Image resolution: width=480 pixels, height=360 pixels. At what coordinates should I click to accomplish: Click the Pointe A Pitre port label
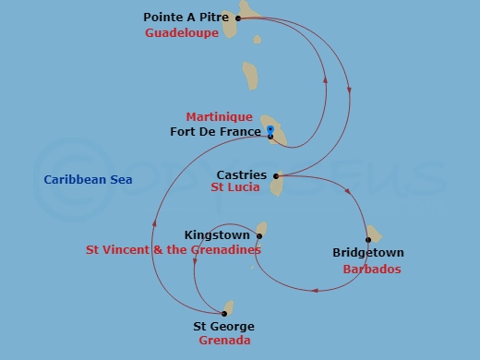click(x=187, y=18)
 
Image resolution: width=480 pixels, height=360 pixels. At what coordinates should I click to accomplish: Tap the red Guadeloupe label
click(x=182, y=33)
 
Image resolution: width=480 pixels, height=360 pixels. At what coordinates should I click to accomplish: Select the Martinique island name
click(x=219, y=117)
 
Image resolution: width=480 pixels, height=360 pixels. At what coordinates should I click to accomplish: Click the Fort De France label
click(x=216, y=132)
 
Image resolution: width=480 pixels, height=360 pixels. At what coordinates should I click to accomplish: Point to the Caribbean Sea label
click(x=88, y=179)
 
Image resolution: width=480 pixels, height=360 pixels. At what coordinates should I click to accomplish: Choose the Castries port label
click(x=241, y=174)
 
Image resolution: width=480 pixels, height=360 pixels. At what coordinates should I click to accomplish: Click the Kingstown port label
click(x=217, y=234)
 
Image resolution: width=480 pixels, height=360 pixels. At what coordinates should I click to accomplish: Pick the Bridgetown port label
click(x=367, y=253)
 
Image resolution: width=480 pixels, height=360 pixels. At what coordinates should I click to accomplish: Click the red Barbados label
click(x=371, y=270)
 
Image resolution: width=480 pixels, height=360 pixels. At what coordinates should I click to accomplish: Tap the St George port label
click(x=222, y=327)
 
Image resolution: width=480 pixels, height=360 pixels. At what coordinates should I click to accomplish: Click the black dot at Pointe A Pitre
click(x=238, y=18)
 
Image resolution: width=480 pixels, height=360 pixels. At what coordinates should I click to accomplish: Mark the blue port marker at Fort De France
click(x=270, y=129)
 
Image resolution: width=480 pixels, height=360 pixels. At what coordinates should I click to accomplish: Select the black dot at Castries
click(x=275, y=175)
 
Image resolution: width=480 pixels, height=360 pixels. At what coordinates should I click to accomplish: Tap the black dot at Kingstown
click(x=259, y=235)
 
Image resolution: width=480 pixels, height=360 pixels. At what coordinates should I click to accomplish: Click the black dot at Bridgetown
click(x=367, y=240)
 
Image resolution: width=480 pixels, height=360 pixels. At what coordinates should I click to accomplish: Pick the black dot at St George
click(x=224, y=314)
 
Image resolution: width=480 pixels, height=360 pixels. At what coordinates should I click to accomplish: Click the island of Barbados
click(x=373, y=234)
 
